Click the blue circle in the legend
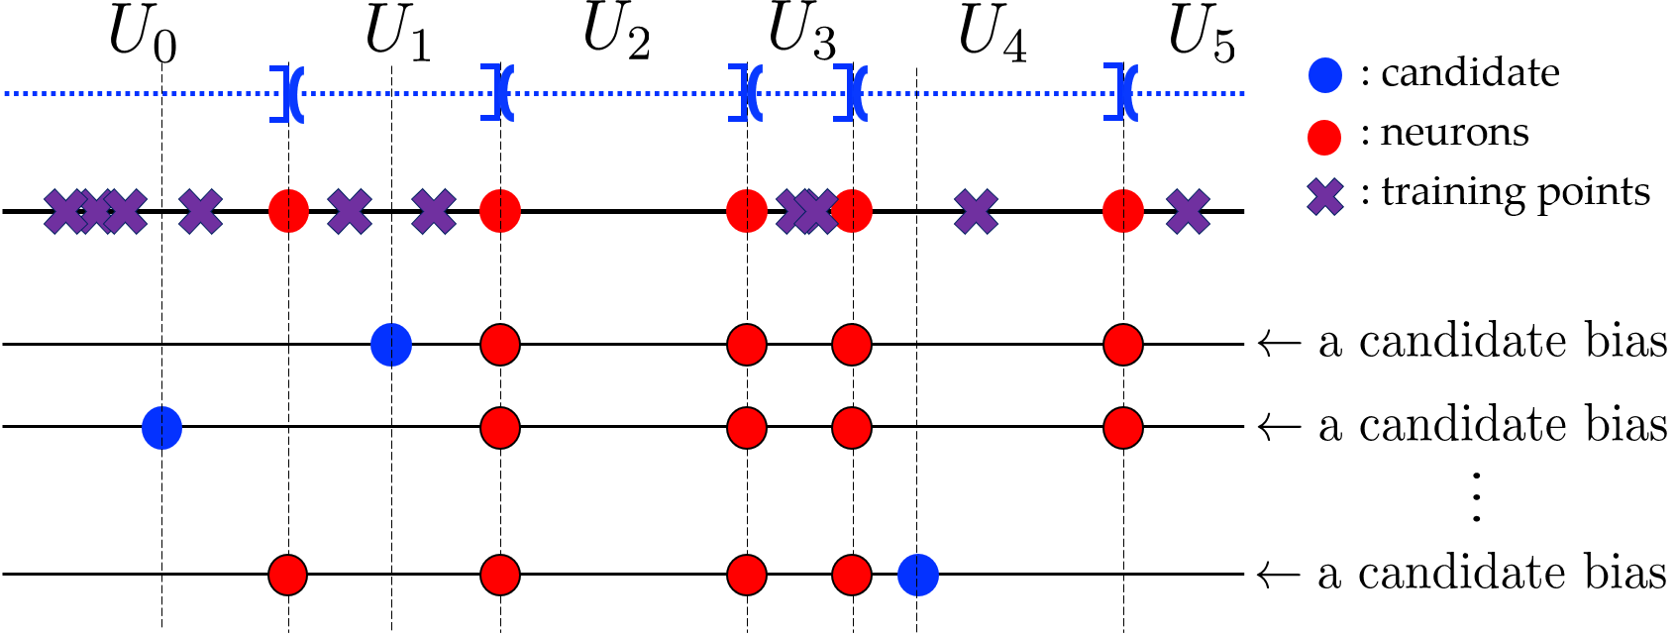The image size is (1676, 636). pos(1325,75)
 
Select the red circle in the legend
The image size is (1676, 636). pos(1324,138)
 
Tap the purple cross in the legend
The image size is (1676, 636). pos(1325,197)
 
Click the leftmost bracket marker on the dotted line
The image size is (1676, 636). pos(287,94)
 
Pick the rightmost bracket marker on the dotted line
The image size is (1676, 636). pos(1121,93)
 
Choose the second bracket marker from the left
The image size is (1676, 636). pos(498,93)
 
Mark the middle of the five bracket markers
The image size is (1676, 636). pos(746,93)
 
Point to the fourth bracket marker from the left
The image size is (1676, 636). pos(851,93)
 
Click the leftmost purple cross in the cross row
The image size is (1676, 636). pos(65,212)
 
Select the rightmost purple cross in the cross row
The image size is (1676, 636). pos(1188,212)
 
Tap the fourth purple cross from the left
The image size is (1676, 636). pos(200,212)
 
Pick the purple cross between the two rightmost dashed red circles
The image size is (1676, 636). pos(976,212)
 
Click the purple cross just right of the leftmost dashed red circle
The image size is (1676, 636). pos(350,212)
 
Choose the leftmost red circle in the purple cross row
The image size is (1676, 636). pos(288,212)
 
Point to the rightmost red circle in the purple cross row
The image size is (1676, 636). pos(1123,212)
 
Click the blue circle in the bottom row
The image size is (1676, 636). pos(918,576)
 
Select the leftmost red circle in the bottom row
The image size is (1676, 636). pos(287,576)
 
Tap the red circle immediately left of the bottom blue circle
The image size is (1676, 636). pos(852,576)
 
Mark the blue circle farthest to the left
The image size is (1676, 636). pos(161,428)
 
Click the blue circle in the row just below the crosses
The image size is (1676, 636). pos(391,345)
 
